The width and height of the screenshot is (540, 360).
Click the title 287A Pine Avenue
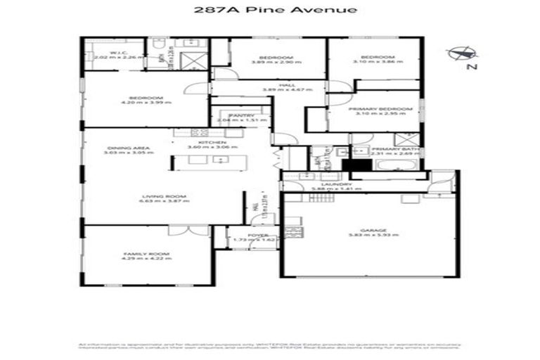click(x=270, y=10)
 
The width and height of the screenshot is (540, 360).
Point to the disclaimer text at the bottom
click(x=270, y=347)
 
